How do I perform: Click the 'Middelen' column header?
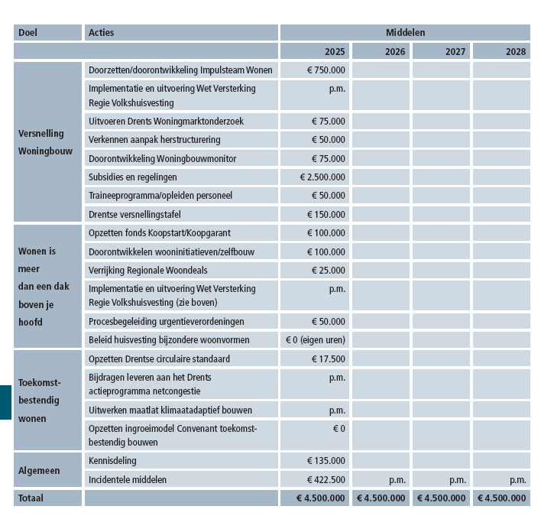tap(405, 33)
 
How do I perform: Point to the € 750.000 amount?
tap(326, 70)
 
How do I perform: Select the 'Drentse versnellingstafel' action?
tap(134, 215)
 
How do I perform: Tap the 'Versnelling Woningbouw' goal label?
tap(45, 142)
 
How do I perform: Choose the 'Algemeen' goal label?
tap(39, 471)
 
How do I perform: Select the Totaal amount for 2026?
tap(381, 498)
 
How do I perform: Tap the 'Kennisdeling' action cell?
tap(112, 461)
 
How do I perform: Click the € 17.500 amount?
tap(329, 359)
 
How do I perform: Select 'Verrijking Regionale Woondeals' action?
tap(148, 271)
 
